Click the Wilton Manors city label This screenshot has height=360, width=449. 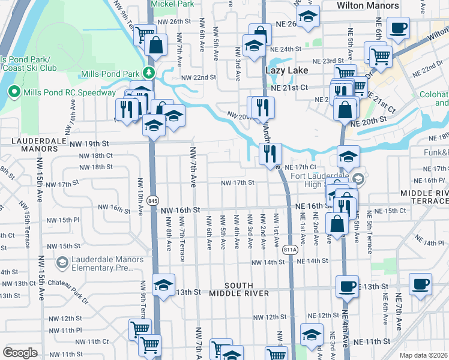point(367,5)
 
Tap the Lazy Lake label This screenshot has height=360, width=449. point(287,70)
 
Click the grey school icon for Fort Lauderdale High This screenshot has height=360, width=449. point(358,179)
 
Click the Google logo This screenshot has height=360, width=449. point(20,353)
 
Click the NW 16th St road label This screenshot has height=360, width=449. point(180,210)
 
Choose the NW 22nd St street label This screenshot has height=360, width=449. point(199,77)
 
